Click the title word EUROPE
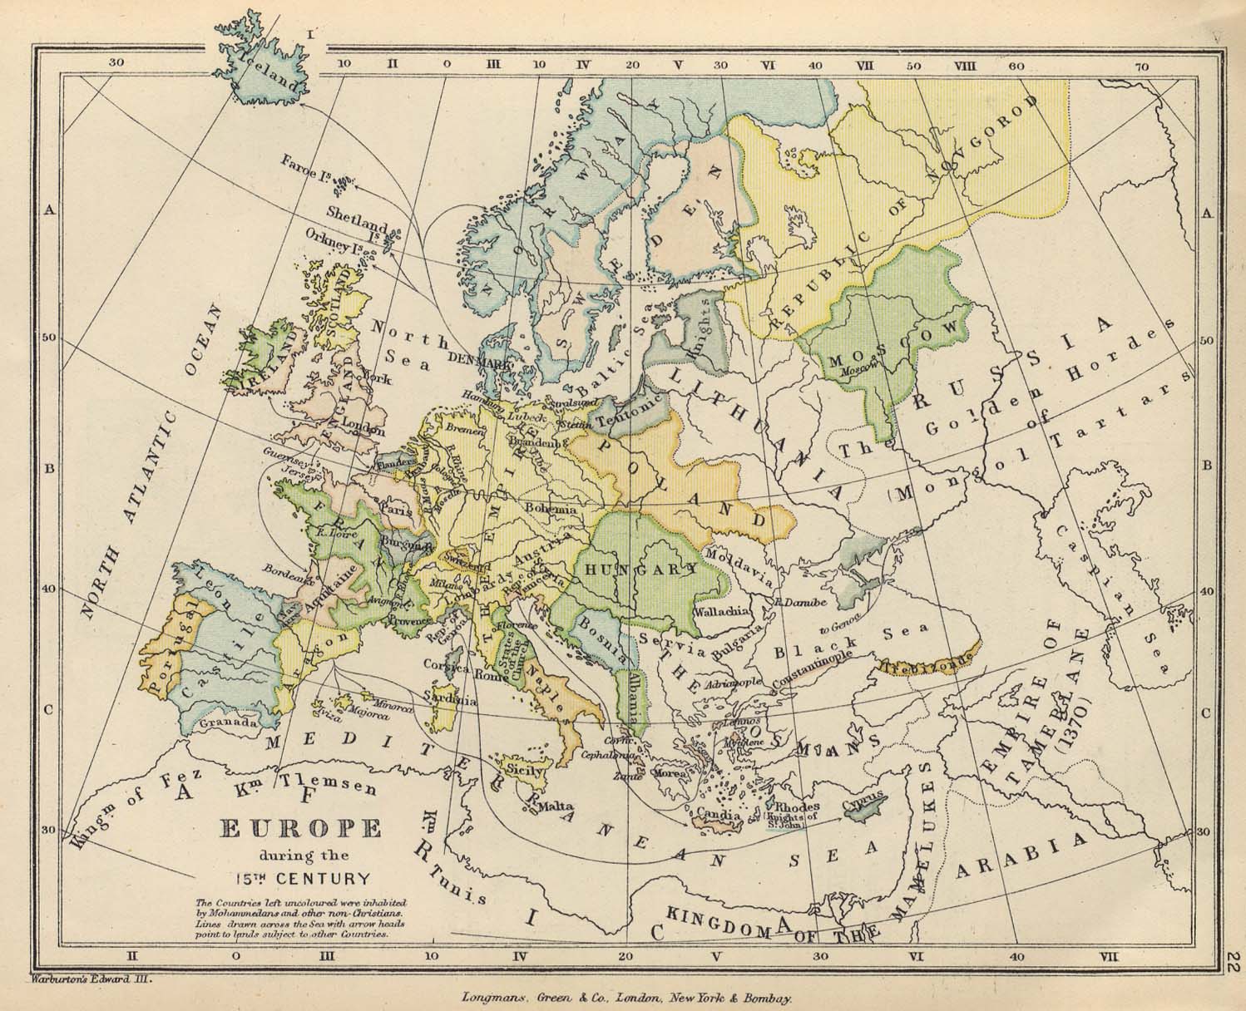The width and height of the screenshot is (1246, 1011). click(x=300, y=828)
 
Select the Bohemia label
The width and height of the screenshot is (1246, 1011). click(x=550, y=507)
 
